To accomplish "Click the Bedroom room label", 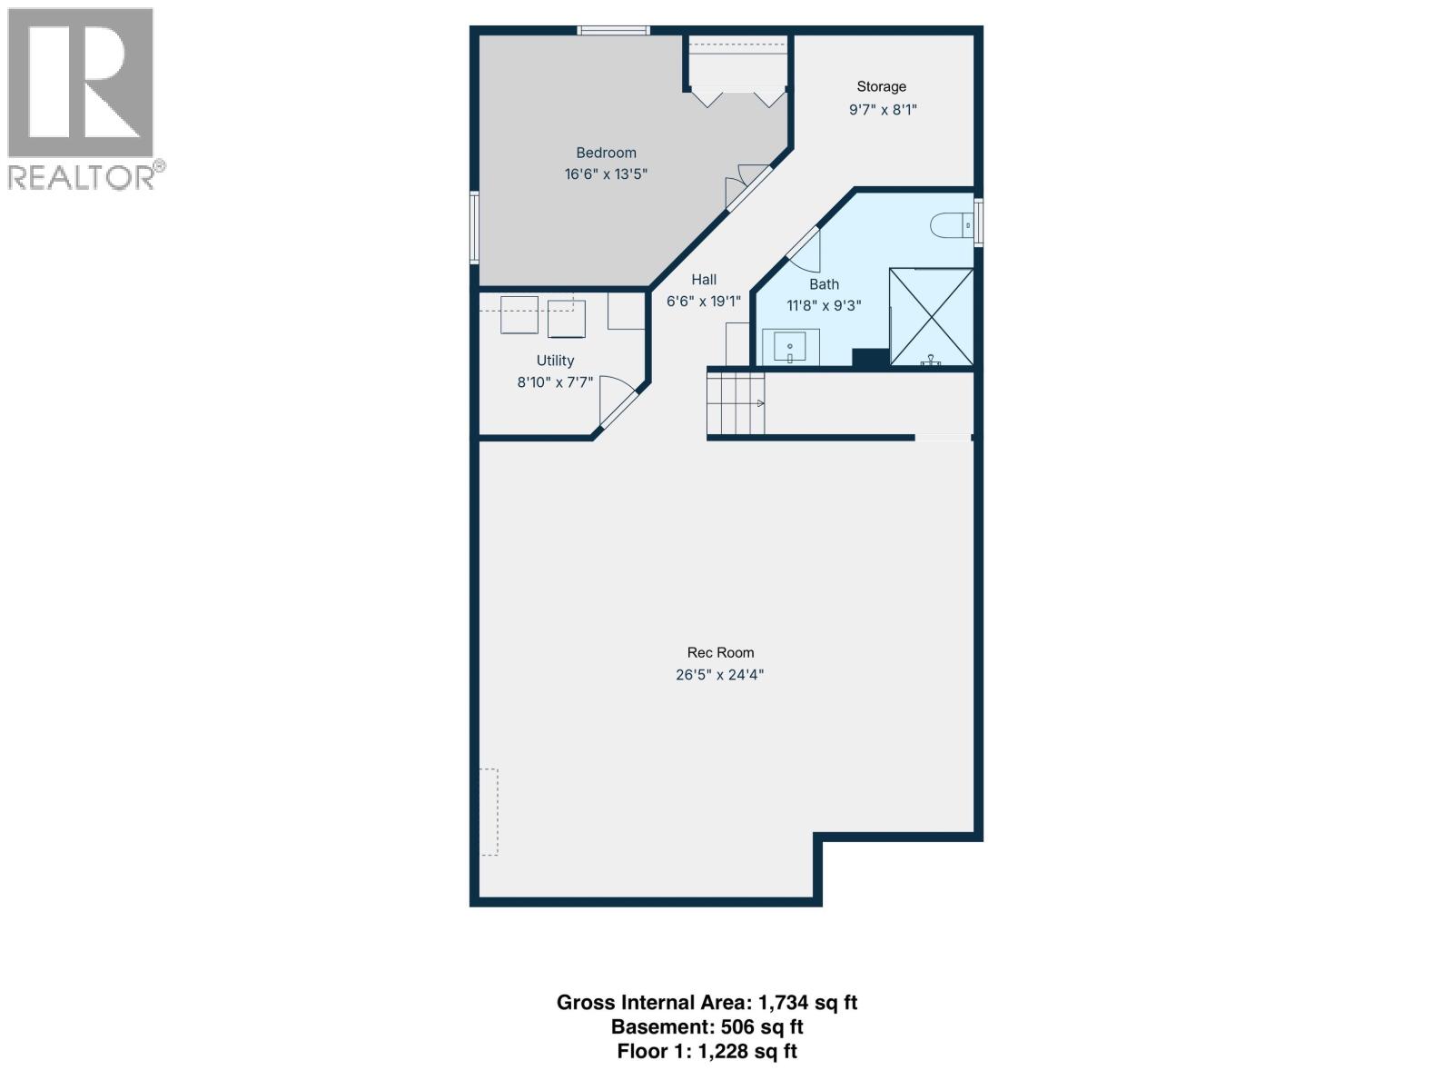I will pyautogui.click(x=606, y=153).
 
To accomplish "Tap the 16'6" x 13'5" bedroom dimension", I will pyautogui.click(x=606, y=174).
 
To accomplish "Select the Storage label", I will pyautogui.click(x=881, y=86).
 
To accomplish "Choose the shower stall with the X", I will pyautogui.click(x=931, y=317).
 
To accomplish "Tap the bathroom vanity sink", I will pyautogui.click(x=790, y=347).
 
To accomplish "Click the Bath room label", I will pyautogui.click(x=824, y=284).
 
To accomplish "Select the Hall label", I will pyautogui.click(x=704, y=280).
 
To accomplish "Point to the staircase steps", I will pyautogui.click(x=736, y=403).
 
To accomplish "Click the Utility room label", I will pyautogui.click(x=555, y=361).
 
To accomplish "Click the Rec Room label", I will pyautogui.click(x=720, y=652).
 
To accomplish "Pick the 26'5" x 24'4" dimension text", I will pyautogui.click(x=720, y=675).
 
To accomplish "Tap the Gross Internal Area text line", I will pyautogui.click(x=707, y=1003).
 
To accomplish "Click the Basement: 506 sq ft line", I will pyautogui.click(x=707, y=1027).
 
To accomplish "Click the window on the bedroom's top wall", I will pyautogui.click(x=614, y=31).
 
